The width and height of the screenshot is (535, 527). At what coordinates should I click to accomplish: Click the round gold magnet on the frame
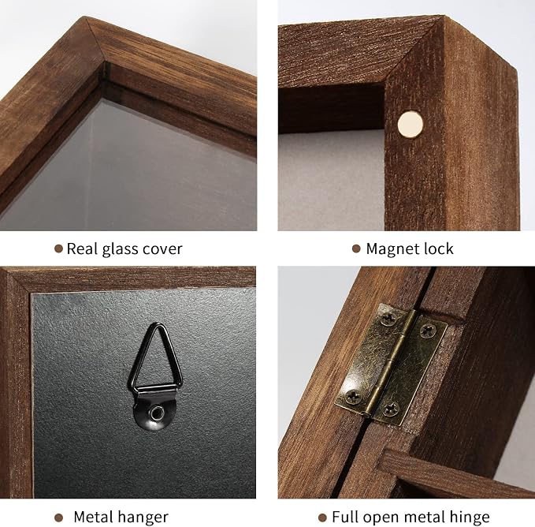point(411,124)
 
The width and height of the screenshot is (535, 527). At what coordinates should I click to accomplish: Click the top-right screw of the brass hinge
point(427,330)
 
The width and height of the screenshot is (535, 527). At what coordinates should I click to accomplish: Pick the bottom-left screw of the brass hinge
point(352,396)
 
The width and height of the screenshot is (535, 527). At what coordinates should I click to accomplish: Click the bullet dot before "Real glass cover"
point(58,249)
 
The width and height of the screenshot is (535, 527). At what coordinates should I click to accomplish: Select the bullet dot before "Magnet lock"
point(356,249)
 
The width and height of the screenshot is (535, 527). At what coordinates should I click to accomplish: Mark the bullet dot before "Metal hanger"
point(58,518)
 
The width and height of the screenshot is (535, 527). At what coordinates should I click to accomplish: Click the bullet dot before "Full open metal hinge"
point(322,518)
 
